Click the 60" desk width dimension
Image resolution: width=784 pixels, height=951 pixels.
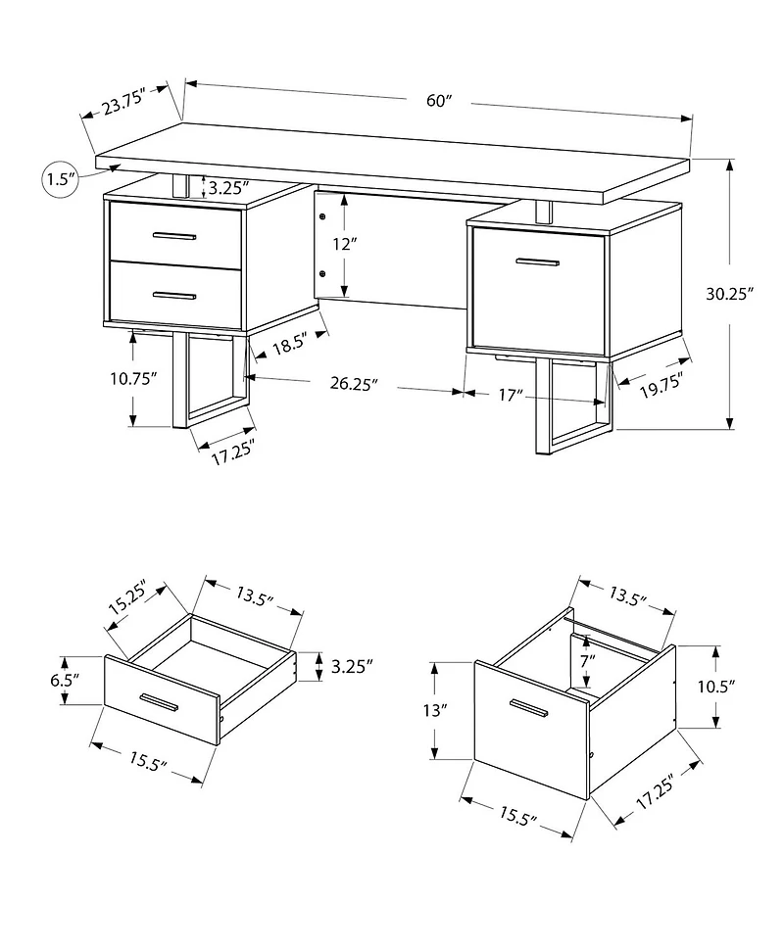click(437, 100)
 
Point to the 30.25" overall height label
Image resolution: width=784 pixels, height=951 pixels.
click(735, 292)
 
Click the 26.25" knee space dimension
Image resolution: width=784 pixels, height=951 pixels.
click(353, 385)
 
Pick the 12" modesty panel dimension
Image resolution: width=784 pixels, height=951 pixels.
click(341, 245)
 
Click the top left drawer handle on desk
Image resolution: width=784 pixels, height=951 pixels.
click(176, 235)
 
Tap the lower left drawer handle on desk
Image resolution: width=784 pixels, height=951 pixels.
click(176, 294)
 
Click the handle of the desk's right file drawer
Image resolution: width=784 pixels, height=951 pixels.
click(538, 262)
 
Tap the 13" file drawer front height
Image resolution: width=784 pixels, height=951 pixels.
click(438, 709)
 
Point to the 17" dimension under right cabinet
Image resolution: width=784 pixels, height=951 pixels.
click(507, 394)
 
